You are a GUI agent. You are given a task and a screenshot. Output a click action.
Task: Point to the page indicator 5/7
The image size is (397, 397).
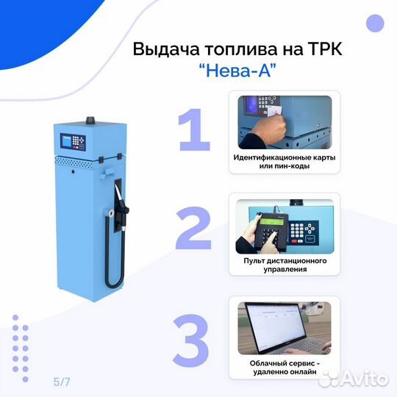pyautogui.click(x=61, y=382)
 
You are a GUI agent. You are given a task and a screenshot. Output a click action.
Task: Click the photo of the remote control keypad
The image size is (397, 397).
pyautogui.click(x=283, y=225)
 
